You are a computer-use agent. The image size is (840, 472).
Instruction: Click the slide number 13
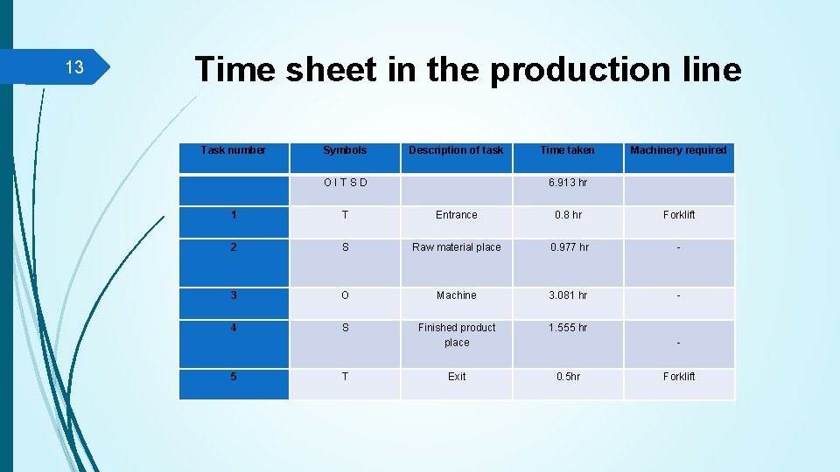pyautogui.click(x=74, y=68)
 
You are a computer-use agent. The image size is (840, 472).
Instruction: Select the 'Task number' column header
pyautogui.click(x=233, y=150)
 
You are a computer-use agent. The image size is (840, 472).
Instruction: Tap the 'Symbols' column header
pyautogui.click(x=345, y=150)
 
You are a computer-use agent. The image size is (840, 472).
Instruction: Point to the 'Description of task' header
pyautogui.click(x=456, y=150)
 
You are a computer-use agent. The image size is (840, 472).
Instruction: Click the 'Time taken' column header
pyautogui.click(x=567, y=150)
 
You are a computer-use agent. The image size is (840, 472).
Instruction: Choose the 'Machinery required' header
pyautogui.click(x=678, y=150)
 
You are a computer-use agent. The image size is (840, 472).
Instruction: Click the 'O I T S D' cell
pyautogui.click(x=345, y=183)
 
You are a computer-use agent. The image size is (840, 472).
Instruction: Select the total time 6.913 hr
pyautogui.click(x=567, y=183)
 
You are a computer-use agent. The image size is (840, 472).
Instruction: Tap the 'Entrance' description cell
pyautogui.click(x=457, y=215)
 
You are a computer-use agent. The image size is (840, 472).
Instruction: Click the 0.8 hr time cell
pyautogui.click(x=568, y=215)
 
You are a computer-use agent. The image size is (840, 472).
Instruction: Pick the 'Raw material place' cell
pyautogui.click(x=457, y=247)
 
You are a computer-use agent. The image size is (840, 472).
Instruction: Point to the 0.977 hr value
pyautogui.click(x=569, y=247)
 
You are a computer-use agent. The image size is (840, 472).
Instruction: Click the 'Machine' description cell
pyautogui.click(x=457, y=295)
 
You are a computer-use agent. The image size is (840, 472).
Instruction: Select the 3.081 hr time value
pyautogui.click(x=568, y=295)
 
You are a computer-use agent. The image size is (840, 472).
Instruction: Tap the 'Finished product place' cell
pyautogui.click(x=457, y=335)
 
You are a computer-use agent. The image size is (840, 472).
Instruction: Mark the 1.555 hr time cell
pyautogui.click(x=568, y=328)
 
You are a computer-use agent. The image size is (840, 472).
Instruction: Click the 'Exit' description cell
pyautogui.click(x=457, y=377)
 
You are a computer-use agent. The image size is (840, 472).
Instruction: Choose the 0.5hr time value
pyautogui.click(x=568, y=377)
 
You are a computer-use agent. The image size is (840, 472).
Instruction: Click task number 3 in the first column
pyautogui.click(x=233, y=295)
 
